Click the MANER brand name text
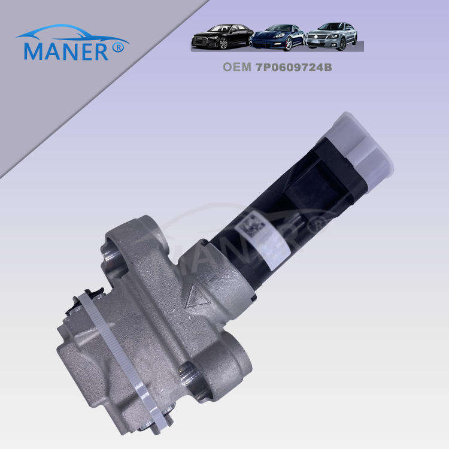click(x=66, y=51)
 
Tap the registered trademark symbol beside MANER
click(x=118, y=47)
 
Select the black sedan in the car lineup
click(x=223, y=36)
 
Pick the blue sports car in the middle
click(x=277, y=37)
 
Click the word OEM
click(x=237, y=67)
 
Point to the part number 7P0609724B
click(x=294, y=67)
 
